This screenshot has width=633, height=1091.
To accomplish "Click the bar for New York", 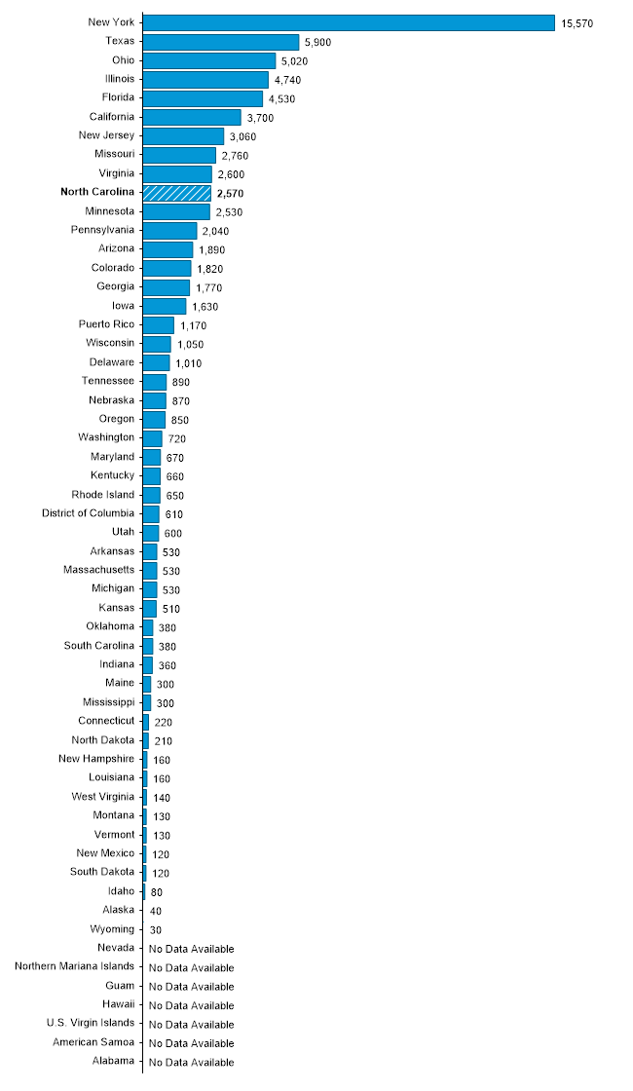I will pyautogui.click(x=349, y=22).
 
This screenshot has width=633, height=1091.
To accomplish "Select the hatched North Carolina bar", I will pyautogui.click(x=176, y=193).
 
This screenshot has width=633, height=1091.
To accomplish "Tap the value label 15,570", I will pyautogui.click(x=577, y=23).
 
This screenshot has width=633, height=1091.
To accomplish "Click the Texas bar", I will pyautogui.click(x=221, y=42).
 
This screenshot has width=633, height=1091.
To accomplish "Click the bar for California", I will pyautogui.click(x=192, y=117).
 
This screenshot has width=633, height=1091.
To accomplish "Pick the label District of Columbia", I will pyautogui.click(x=88, y=513).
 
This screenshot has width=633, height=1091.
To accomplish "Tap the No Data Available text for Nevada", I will pyautogui.click(x=191, y=949).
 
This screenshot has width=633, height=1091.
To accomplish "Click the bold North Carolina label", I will pyautogui.click(x=97, y=193).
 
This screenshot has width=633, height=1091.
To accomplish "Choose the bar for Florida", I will pyautogui.click(x=203, y=98).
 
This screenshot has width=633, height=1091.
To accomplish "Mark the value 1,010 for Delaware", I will pyautogui.click(x=189, y=363).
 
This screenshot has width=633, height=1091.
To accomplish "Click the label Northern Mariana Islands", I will pyautogui.click(x=75, y=967).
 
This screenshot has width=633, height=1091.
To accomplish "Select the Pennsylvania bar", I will pyautogui.click(x=169, y=231).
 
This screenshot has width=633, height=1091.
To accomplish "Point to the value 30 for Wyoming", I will pyautogui.click(x=155, y=930).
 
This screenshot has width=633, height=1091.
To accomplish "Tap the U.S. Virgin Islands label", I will pyautogui.click(x=91, y=1024).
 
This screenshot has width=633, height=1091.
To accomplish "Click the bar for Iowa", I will pyautogui.click(x=165, y=306).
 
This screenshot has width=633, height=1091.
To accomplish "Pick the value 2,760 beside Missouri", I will pyautogui.click(x=235, y=155).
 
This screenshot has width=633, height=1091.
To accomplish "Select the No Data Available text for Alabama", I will pyautogui.click(x=191, y=1062).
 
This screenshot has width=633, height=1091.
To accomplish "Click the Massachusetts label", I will pyautogui.click(x=98, y=570).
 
